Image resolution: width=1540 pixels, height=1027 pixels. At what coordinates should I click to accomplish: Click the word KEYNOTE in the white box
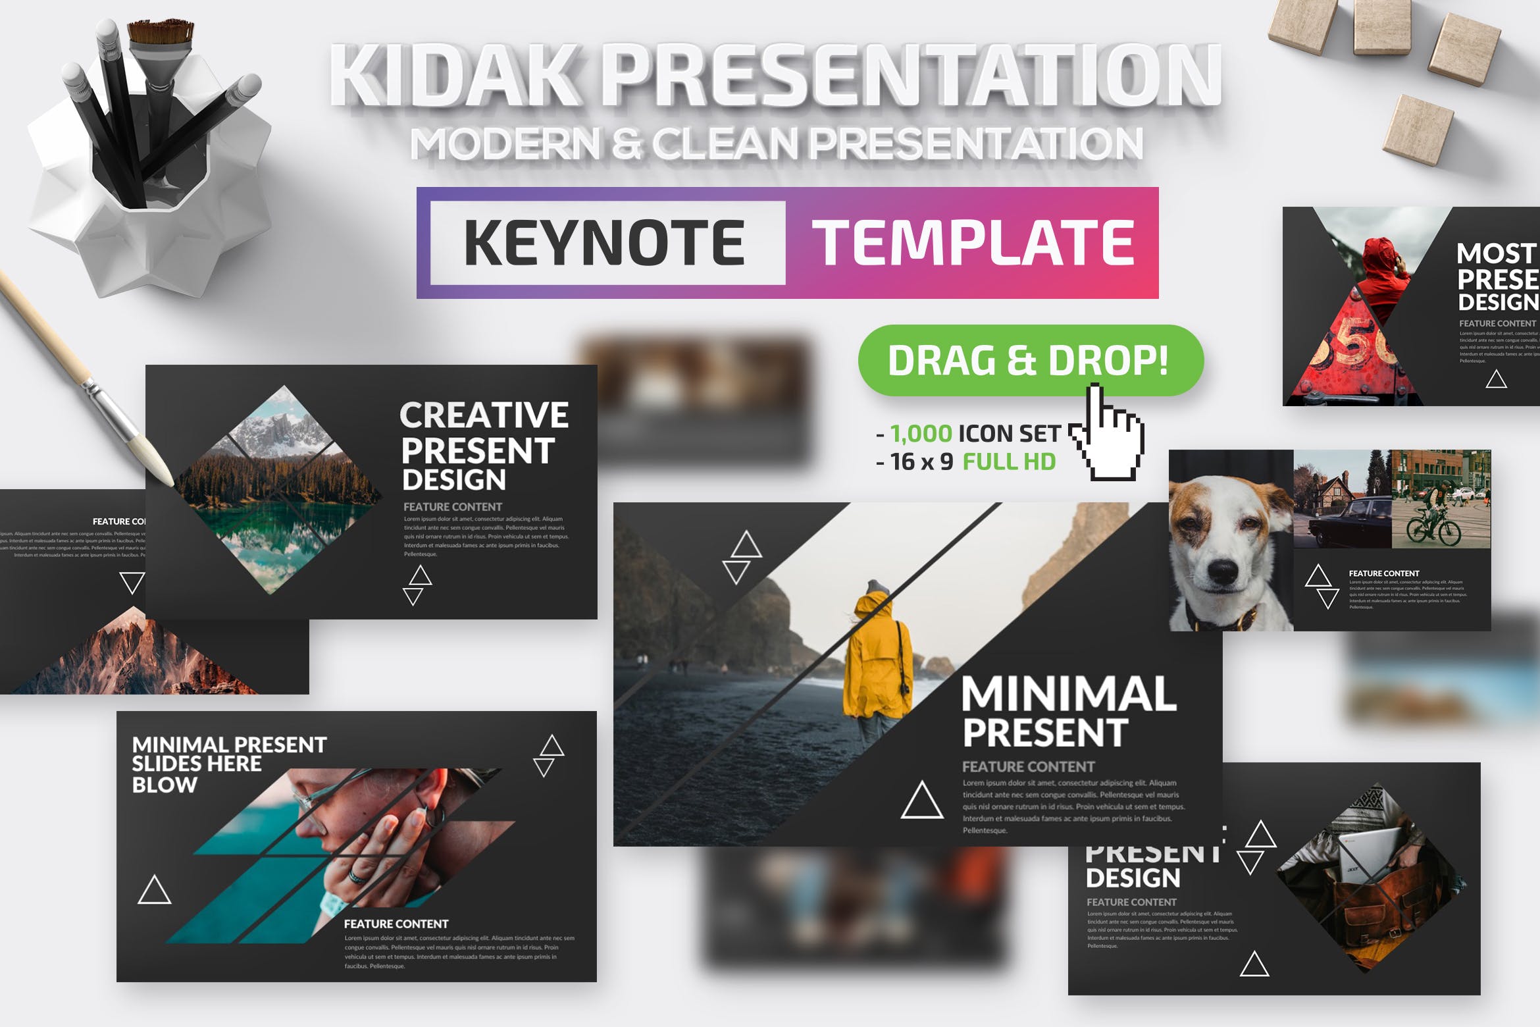pyautogui.click(x=604, y=242)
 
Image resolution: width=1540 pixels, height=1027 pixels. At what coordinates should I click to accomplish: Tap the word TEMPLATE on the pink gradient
pyautogui.click(x=973, y=242)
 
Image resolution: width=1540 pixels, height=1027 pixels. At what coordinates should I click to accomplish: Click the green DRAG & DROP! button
pyautogui.click(x=1029, y=360)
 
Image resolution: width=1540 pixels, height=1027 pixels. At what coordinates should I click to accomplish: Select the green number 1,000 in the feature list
pyautogui.click(x=921, y=433)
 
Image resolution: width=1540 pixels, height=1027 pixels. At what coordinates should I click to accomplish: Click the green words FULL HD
pyautogui.click(x=1009, y=461)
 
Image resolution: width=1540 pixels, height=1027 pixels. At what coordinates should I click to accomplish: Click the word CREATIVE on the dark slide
pyautogui.click(x=484, y=415)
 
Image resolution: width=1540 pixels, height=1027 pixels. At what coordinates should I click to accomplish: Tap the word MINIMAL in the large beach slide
pyautogui.click(x=1067, y=694)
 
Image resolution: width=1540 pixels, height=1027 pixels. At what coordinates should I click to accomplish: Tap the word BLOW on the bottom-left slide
pyautogui.click(x=164, y=785)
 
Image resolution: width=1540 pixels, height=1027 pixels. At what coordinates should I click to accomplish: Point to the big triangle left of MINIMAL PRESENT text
pyautogui.click(x=921, y=801)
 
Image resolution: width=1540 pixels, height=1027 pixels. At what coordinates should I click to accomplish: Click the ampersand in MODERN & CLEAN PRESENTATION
pyautogui.click(x=626, y=144)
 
